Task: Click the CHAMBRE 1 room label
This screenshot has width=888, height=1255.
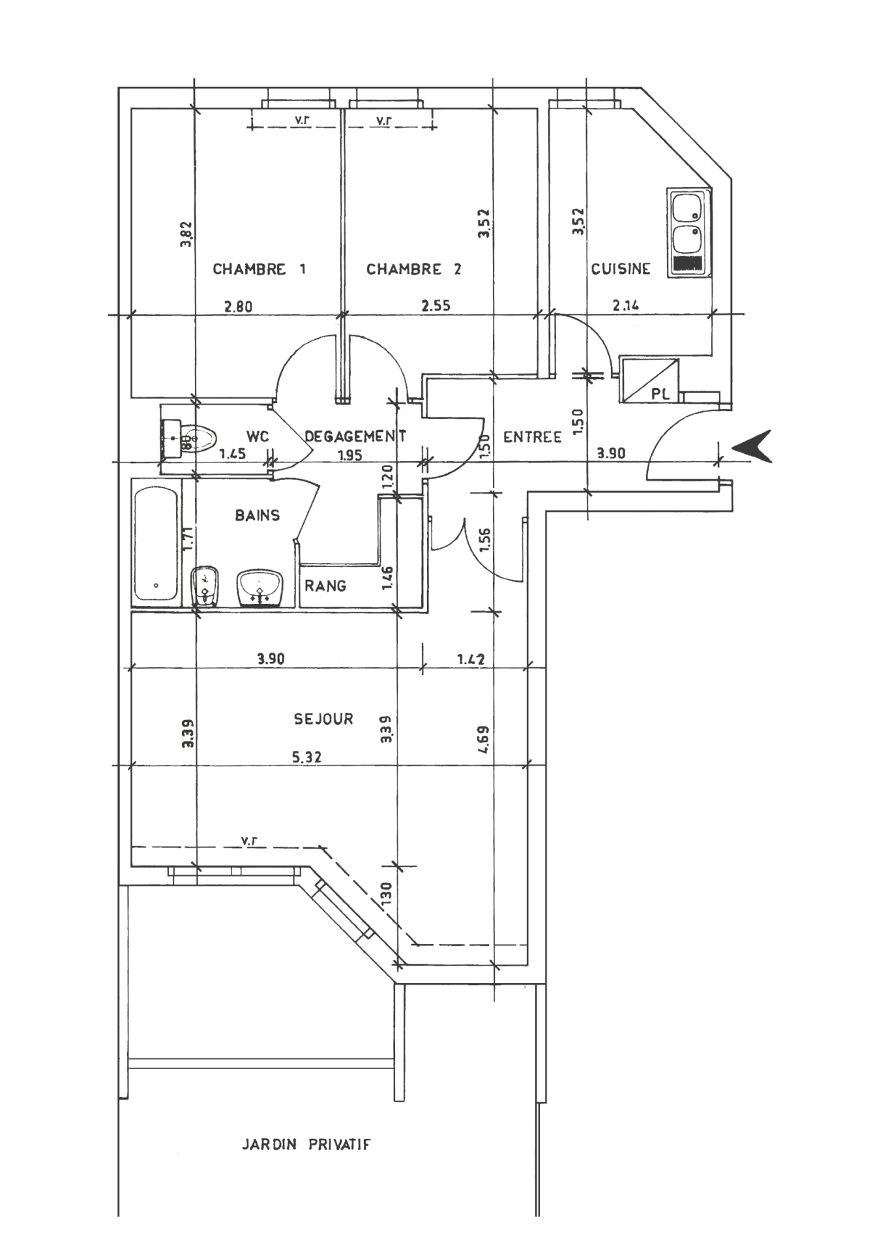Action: pyautogui.click(x=259, y=269)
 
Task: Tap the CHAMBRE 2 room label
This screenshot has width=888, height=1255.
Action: pyautogui.click(x=413, y=269)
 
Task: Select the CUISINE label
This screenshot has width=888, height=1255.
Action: pyautogui.click(x=621, y=269)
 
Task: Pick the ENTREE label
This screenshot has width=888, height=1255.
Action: pyautogui.click(x=532, y=437)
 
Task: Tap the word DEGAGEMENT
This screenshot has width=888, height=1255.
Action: pyautogui.click(x=355, y=436)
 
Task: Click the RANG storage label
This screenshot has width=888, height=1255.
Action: pyautogui.click(x=325, y=586)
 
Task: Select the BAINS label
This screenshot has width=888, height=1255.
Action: pyautogui.click(x=258, y=515)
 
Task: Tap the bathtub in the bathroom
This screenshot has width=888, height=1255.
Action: pyautogui.click(x=156, y=543)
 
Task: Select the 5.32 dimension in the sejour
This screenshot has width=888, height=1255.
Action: pyautogui.click(x=306, y=757)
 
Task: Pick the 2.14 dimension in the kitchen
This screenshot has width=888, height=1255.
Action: pyautogui.click(x=625, y=304)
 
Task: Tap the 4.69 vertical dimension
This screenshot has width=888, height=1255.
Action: pyautogui.click(x=483, y=740)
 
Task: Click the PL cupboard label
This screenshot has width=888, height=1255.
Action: pyautogui.click(x=660, y=394)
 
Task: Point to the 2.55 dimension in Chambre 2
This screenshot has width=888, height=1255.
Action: pyautogui.click(x=436, y=305)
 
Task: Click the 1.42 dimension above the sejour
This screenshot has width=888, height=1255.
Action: pyautogui.click(x=470, y=659)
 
